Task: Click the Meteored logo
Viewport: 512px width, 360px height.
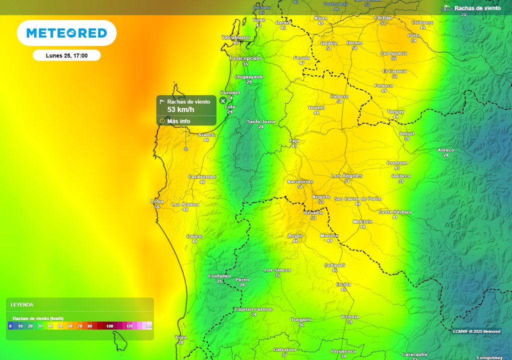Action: pos(66,33)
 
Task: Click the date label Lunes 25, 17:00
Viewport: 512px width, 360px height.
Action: pos(66,55)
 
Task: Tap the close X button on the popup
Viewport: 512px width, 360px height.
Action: pos(223,101)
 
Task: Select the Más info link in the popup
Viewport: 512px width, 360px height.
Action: pos(178,121)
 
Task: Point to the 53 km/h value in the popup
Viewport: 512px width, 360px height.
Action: pos(180,109)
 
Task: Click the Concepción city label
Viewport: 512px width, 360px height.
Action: pos(245,58)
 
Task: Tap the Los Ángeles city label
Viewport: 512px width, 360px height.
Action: pos(347,176)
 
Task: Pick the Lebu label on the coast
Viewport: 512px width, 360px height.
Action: pos(157,201)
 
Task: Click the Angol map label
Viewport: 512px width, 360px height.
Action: pos(295,236)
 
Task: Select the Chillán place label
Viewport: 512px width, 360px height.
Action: pos(383,18)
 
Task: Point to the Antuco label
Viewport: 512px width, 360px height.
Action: pos(445,150)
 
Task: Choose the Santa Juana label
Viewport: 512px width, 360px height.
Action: pos(261,121)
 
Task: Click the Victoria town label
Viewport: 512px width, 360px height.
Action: pos(349,317)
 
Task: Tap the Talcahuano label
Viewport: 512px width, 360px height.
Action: pos(235,37)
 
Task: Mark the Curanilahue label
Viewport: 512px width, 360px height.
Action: pos(202,177)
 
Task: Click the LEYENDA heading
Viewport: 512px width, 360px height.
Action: pos(22,304)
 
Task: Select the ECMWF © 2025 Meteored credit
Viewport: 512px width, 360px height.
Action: pos(476,331)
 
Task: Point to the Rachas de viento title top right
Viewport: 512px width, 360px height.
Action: pos(477,8)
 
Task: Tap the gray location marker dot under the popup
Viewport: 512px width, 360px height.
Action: pos(186,149)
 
